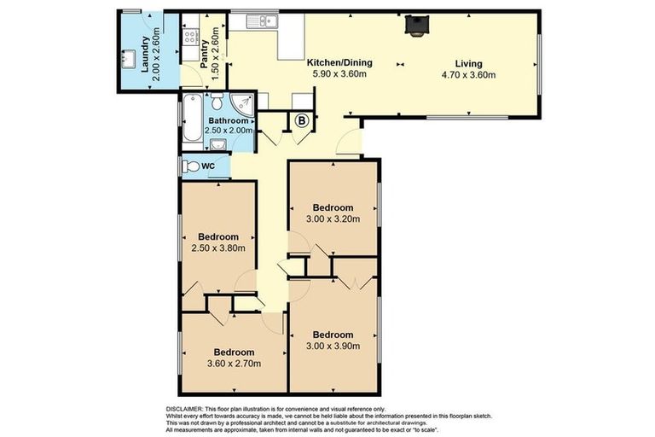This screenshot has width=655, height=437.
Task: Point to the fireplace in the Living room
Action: tap(416, 27)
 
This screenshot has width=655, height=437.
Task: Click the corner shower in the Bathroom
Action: tap(243, 105)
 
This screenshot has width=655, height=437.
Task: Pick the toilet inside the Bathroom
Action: tap(217, 102)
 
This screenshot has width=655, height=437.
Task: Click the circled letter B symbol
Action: tap(300, 121)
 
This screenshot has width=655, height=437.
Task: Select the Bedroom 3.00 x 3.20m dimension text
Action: tap(332, 218)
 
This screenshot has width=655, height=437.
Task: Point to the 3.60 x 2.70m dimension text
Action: tap(233, 364)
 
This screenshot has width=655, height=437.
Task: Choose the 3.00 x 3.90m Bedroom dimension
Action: tap(332, 346)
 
